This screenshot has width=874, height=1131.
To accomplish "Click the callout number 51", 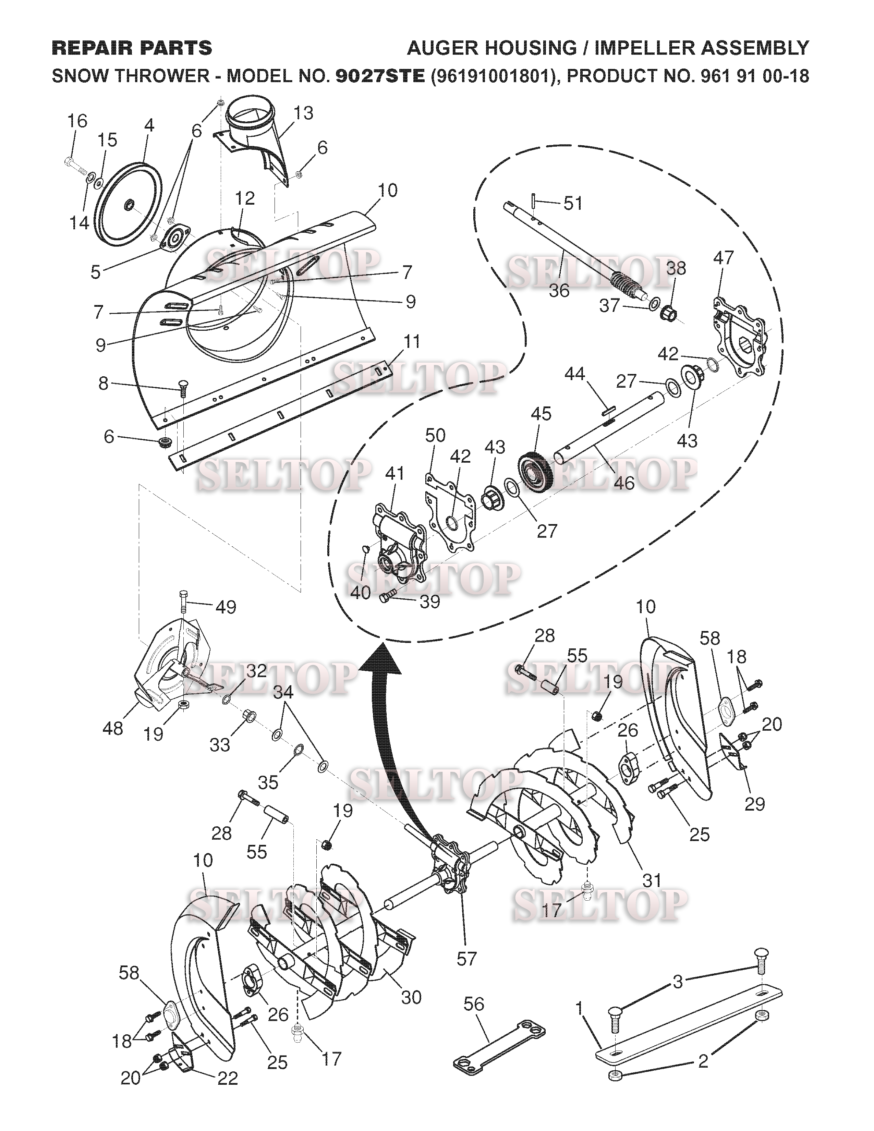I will pyautogui.click(x=573, y=204).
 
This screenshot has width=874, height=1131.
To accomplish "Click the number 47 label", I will pyautogui.click(x=723, y=257).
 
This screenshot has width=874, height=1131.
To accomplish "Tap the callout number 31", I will pyautogui.click(x=651, y=879).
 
